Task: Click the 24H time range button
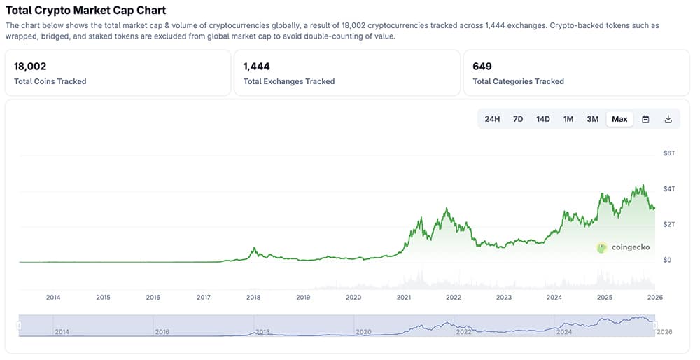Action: pyautogui.click(x=492, y=119)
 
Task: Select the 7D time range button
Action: pyautogui.click(x=518, y=119)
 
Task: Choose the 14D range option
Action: pyautogui.click(x=543, y=119)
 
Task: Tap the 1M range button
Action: pyautogui.click(x=568, y=119)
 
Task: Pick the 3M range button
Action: pyautogui.click(x=592, y=119)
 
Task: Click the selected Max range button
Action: pyautogui.click(x=619, y=119)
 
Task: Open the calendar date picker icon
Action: pyautogui.click(x=645, y=119)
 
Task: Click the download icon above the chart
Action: pyautogui.click(x=668, y=119)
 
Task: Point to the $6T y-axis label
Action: pyautogui.click(x=668, y=153)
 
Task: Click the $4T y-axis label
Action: pyautogui.click(x=668, y=188)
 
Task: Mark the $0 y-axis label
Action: pyautogui.click(x=667, y=260)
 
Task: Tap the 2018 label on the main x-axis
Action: pyautogui.click(x=253, y=297)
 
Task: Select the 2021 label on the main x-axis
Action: pyautogui.click(x=403, y=297)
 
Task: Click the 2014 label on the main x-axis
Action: pyautogui.click(x=53, y=297)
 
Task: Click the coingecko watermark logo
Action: pyautogui.click(x=624, y=247)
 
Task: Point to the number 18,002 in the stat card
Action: pyautogui.click(x=30, y=67)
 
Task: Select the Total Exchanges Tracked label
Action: pyautogui.click(x=289, y=81)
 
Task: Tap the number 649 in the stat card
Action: pyautogui.click(x=482, y=67)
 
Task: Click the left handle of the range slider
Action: pyautogui.click(x=20, y=325)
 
